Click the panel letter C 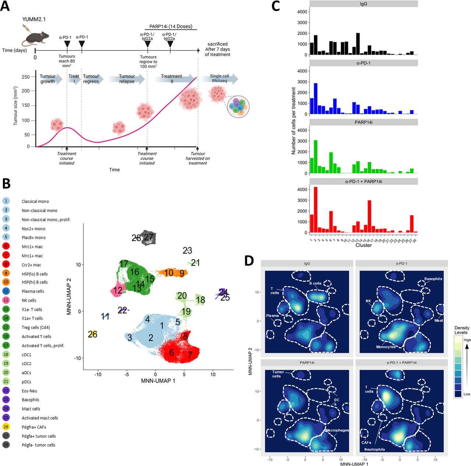(276, 6)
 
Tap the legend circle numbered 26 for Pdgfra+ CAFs (6, 427)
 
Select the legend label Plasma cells (33, 291)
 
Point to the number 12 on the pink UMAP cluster (118, 291)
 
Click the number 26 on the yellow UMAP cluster (93, 334)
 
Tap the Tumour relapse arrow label (127, 79)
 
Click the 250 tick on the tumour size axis (25, 77)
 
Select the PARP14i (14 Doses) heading (171, 26)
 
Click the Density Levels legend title (462, 330)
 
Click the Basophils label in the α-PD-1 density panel (433, 279)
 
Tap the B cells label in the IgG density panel (315, 284)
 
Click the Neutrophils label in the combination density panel (375, 449)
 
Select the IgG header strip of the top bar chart (363, 4)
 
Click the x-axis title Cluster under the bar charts (363, 245)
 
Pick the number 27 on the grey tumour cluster (149, 237)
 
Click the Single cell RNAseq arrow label (219, 78)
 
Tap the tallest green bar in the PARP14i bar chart (315, 157)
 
